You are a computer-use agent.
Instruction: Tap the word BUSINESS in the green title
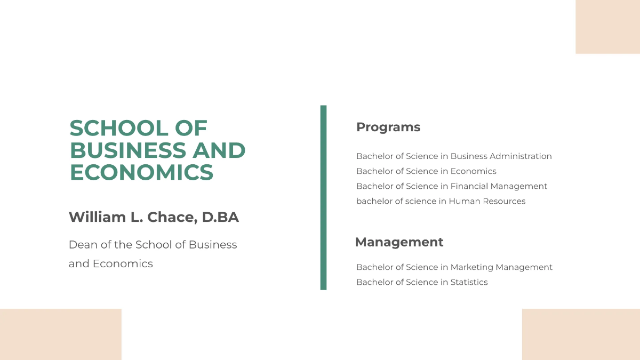click(127, 150)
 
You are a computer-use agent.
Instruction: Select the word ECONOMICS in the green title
click(141, 173)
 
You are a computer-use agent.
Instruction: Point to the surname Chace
click(170, 217)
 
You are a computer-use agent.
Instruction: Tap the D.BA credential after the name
click(220, 217)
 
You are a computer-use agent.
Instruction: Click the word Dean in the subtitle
click(82, 245)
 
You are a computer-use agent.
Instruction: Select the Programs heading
click(388, 127)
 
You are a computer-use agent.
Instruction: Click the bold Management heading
click(399, 242)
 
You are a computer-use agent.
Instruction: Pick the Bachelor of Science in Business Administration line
click(454, 156)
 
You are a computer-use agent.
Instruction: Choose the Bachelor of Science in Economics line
click(426, 171)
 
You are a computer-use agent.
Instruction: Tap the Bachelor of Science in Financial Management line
click(452, 186)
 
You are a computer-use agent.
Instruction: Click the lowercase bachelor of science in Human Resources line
click(441, 201)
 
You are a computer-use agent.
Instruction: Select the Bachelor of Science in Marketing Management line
click(454, 267)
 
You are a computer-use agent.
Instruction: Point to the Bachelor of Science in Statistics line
click(422, 282)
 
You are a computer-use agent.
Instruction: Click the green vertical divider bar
click(323, 197)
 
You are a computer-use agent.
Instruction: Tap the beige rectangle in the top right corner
click(607, 27)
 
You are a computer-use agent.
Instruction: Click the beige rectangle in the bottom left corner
click(61, 334)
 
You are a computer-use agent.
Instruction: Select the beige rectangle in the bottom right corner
click(581, 334)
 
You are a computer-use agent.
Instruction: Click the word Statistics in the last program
click(469, 282)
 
